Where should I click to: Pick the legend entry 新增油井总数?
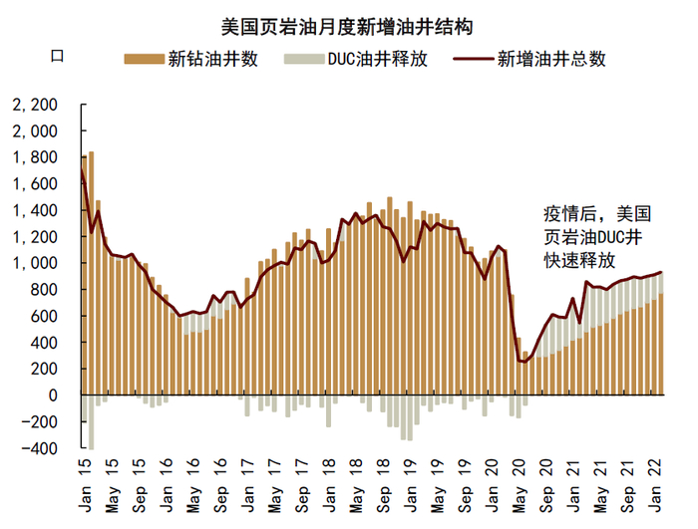pyautogui.click(x=550, y=59)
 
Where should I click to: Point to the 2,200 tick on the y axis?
pyautogui.click(x=37, y=105)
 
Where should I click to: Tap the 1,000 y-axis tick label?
pyautogui.click(x=37, y=263)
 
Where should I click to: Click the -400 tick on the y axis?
pyautogui.click(x=42, y=448)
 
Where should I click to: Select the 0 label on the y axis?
pyautogui.click(x=54, y=396)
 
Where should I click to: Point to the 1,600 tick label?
pyautogui.click(x=37, y=183)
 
